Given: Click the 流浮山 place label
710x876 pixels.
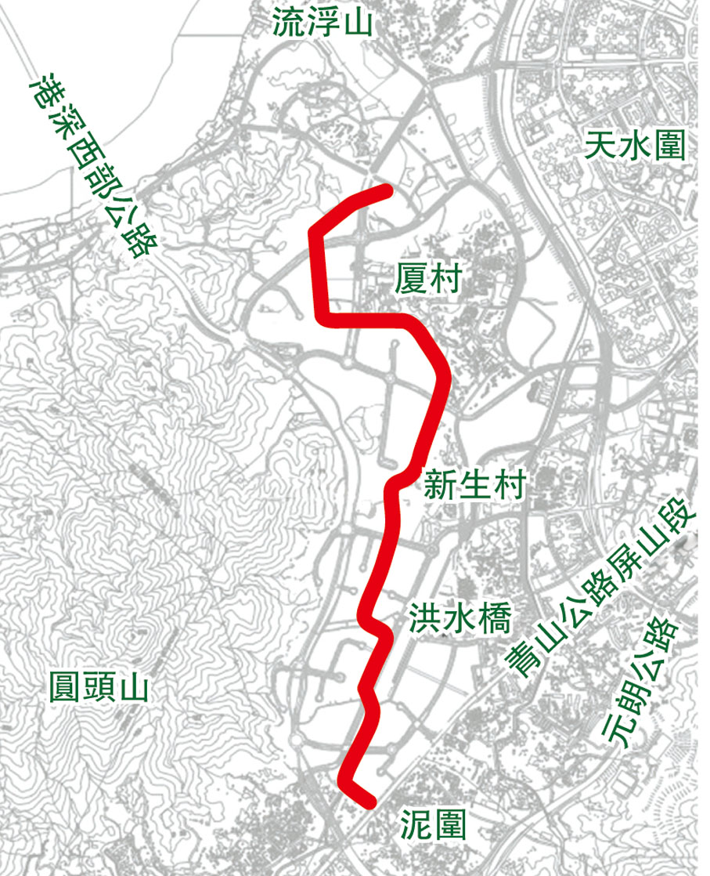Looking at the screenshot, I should (x=323, y=25).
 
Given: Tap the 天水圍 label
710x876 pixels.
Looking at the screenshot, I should (x=635, y=146).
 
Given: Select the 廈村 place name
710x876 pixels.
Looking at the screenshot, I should (x=429, y=278).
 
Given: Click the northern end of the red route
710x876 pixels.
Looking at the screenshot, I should (x=387, y=190).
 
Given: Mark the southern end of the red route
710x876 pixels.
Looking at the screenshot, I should (x=369, y=802).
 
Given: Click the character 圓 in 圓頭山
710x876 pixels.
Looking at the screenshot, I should (x=63, y=690).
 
